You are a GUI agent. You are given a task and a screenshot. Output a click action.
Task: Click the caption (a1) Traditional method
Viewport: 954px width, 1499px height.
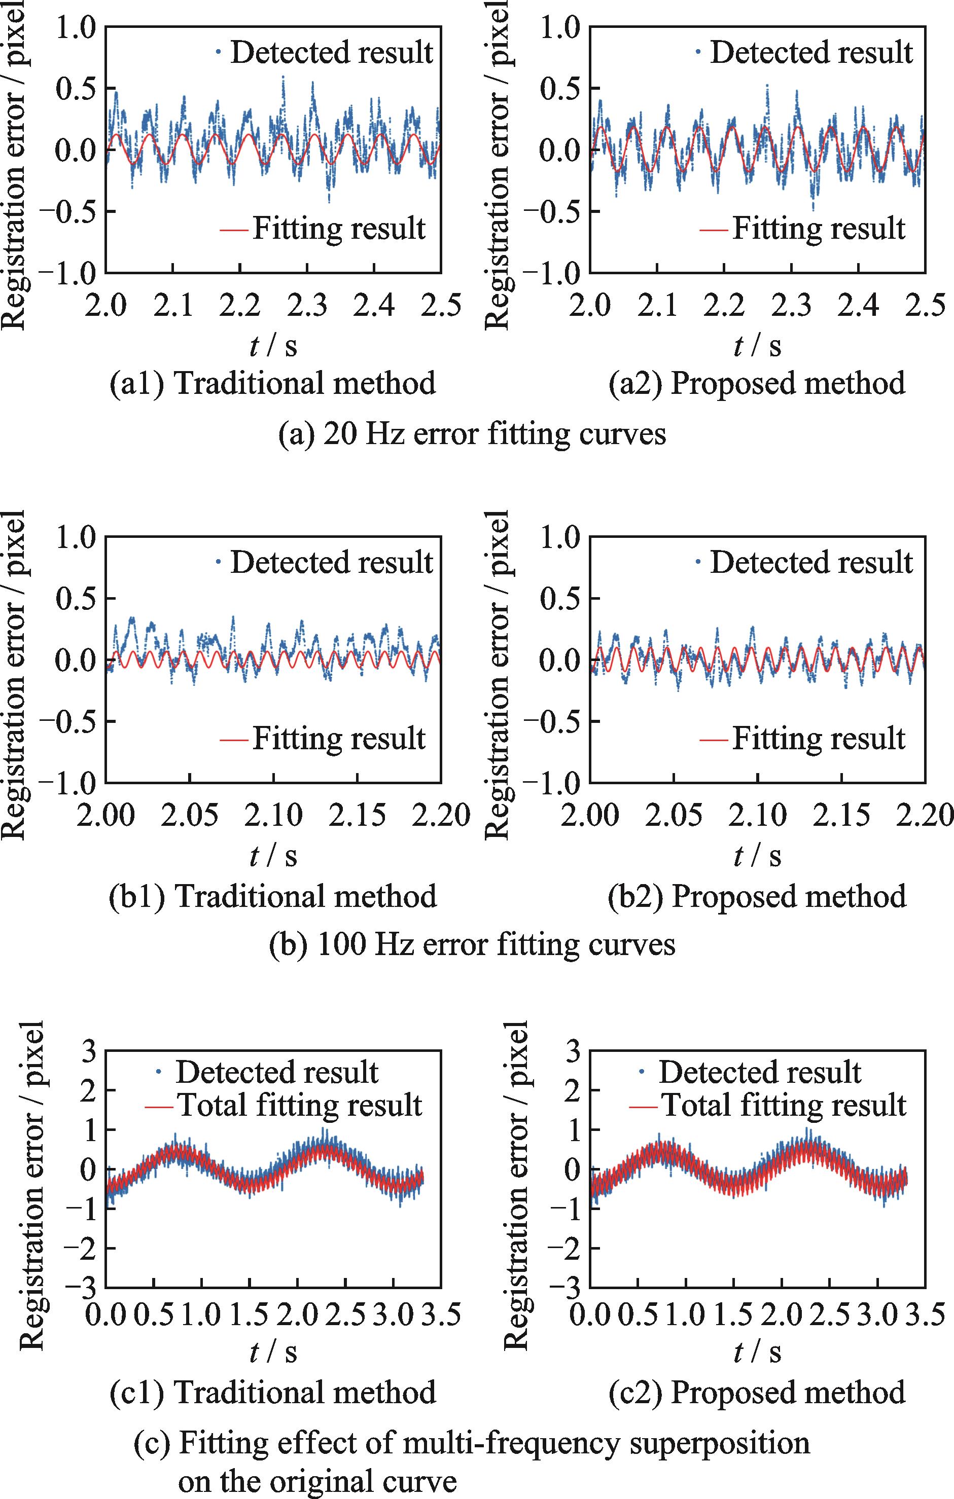click(x=273, y=383)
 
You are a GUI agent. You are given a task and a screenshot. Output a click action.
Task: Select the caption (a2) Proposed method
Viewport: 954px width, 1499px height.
click(x=757, y=383)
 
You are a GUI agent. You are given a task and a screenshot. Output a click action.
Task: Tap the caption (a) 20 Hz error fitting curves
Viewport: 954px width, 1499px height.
click(x=473, y=433)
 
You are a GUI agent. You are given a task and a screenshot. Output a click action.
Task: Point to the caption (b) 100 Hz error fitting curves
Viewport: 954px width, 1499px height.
click(x=473, y=944)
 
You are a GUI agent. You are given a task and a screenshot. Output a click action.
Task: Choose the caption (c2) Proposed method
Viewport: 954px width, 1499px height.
click(x=757, y=1409)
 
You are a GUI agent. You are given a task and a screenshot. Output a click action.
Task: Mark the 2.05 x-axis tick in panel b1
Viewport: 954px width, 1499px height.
click(x=189, y=816)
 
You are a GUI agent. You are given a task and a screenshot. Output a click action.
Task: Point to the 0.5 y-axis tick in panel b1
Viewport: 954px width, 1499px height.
click(x=76, y=598)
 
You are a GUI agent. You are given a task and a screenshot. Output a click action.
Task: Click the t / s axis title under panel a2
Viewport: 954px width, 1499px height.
click(x=757, y=346)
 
